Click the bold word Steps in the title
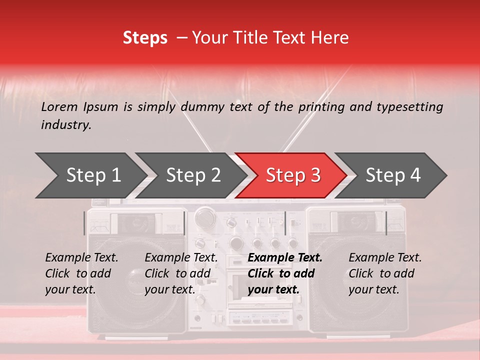click(x=145, y=37)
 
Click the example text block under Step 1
click(x=81, y=273)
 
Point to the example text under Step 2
click(x=181, y=273)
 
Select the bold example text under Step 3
click(x=284, y=273)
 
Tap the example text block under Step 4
click(x=385, y=273)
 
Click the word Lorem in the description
click(x=59, y=106)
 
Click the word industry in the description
click(x=65, y=125)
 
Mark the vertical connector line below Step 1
click(x=84, y=223)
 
